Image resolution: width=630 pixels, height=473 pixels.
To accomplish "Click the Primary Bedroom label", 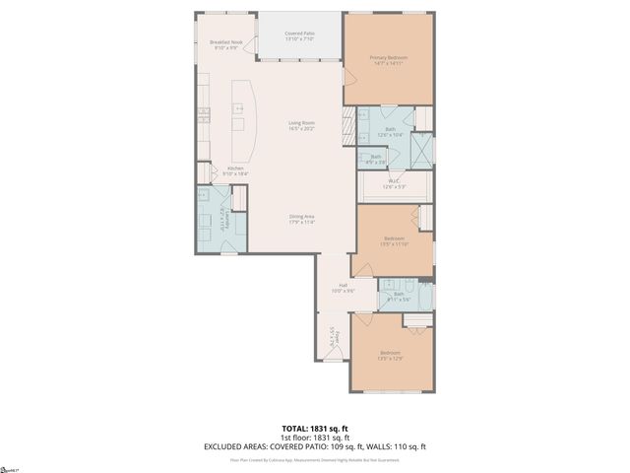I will tap(389, 61).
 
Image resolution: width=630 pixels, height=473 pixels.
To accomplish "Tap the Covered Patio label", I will tap(299, 36).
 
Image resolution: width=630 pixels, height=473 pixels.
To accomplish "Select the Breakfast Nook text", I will tap(224, 45).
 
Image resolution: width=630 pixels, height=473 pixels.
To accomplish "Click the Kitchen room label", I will tap(236, 170).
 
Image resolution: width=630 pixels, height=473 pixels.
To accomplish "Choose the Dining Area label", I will tap(301, 219).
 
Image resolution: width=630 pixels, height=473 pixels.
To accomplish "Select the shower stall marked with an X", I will tap(421, 149).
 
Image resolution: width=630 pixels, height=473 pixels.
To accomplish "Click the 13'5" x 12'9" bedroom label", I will tap(391, 355).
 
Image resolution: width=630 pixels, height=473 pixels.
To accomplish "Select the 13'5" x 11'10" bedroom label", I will tap(394, 240).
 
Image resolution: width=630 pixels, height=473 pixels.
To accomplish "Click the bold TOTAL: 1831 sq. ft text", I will tap(315, 429).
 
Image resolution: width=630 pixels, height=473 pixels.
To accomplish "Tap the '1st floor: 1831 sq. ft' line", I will tap(315, 438).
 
